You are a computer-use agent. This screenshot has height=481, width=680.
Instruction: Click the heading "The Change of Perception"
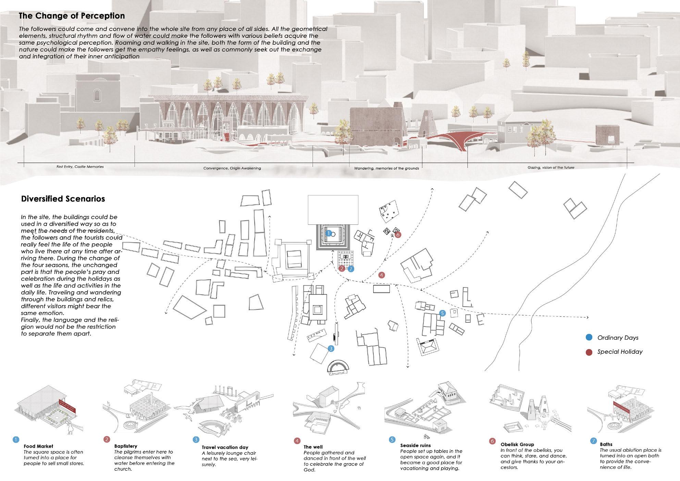(x=72, y=16)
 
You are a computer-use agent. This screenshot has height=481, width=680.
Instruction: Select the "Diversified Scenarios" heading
(x=63, y=199)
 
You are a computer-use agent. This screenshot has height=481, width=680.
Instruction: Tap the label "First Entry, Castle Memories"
(x=80, y=167)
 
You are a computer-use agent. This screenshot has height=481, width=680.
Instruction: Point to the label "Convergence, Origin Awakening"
(x=232, y=168)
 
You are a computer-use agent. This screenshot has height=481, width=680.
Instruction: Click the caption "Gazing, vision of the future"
(x=551, y=168)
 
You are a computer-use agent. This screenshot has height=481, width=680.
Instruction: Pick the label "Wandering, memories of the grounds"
(x=386, y=168)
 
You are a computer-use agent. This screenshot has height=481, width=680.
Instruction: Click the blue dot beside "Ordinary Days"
(x=589, y=337)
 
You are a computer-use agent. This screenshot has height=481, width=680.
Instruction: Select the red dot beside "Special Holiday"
(x=589, y=351)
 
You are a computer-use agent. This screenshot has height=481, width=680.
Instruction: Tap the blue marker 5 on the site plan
(x=442, y=313)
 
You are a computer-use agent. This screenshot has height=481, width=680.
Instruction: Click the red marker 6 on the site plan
(x=398, y=235)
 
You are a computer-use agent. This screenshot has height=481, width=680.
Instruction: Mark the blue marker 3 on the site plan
(x=331, y=349)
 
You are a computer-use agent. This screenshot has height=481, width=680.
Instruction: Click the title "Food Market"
(x=38, y=446)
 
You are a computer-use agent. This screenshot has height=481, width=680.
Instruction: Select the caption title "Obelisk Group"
(x=517, y=444)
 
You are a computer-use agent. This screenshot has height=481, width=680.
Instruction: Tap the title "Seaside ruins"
(x=416, y=445)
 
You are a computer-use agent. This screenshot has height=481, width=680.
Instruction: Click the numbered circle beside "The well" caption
(x=297, y=441)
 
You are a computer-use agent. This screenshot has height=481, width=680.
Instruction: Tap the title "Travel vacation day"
(x=225, y=447)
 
